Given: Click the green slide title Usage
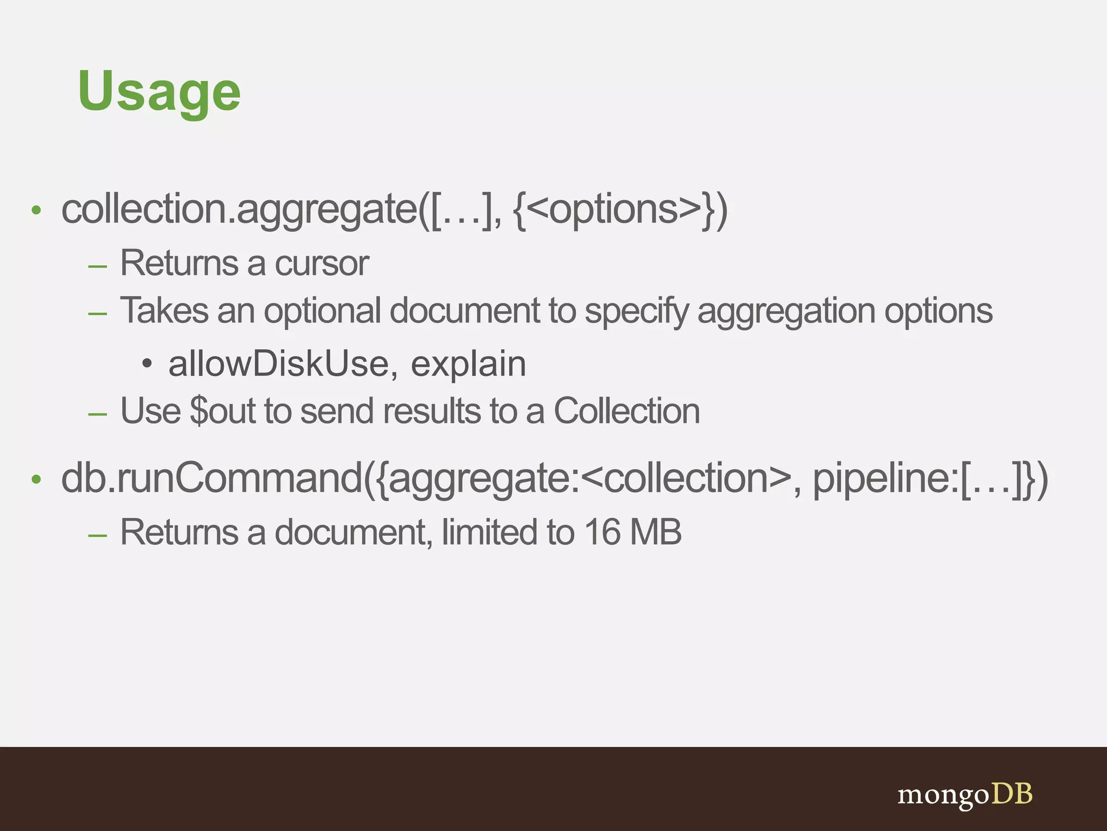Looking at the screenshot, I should tap(159, 92).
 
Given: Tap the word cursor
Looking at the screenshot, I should tap(322, 264).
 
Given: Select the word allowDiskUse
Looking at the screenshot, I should tap(278, 364).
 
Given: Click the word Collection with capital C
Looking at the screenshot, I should tap(626, 411).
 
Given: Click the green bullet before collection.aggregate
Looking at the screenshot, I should tap(36, 210).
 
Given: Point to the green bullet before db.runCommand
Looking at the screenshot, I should tap(36, 480).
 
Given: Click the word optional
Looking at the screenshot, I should tap(322, 312).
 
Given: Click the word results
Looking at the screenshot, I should tap(432, 411).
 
